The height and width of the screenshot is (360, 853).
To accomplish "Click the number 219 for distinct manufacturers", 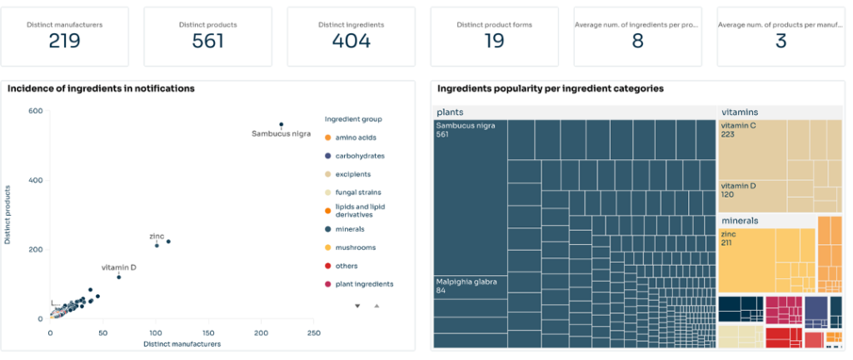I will pos(64,41).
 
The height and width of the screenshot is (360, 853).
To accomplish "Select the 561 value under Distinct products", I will pos(207,41).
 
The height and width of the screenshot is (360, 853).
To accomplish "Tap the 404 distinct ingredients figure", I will pos(351,41).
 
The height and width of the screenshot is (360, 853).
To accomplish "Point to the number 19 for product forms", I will pos(494,41).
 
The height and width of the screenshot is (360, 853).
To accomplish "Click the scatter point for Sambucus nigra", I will pos(281,125).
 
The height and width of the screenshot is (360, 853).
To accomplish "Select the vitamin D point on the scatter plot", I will pos(118,277).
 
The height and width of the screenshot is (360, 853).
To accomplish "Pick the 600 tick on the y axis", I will pos(36,111).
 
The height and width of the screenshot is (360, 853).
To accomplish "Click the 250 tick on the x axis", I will pos(313,333).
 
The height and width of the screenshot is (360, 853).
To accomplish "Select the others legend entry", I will pos(347,266).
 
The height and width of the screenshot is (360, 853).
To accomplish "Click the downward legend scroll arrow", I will pos(357,306).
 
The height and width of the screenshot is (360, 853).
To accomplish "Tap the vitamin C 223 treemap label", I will pos(739,130).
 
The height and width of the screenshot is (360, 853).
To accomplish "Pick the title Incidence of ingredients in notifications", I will pos(101,88).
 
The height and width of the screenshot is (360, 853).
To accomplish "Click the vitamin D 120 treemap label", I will pos(739,189).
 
